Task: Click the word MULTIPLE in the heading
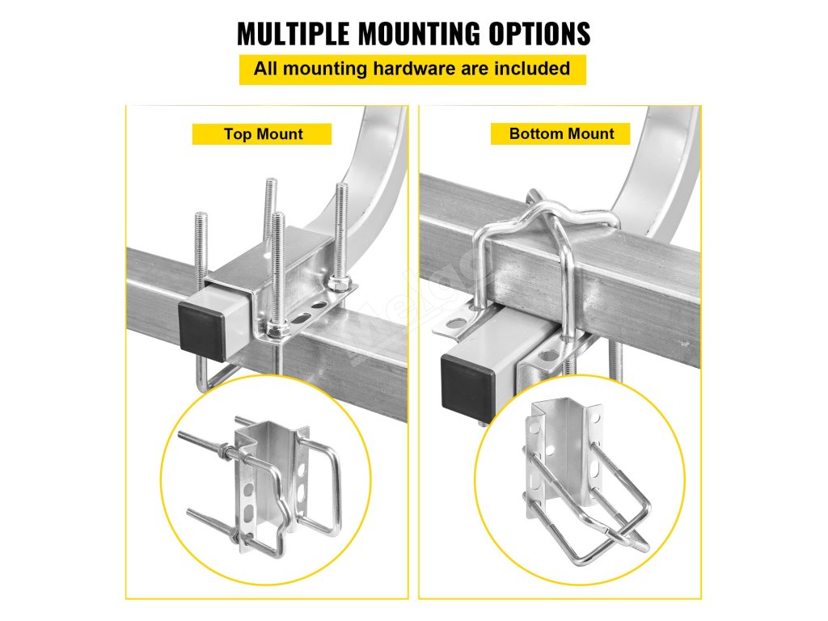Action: coord(293,34)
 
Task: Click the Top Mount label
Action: coord(263,134)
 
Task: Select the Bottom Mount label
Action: coord(561,133)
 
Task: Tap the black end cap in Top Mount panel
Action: coord(200,326)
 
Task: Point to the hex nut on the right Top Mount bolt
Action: coord(338,283)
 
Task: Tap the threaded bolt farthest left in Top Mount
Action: coord(201,251)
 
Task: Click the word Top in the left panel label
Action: coord(237,134)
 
